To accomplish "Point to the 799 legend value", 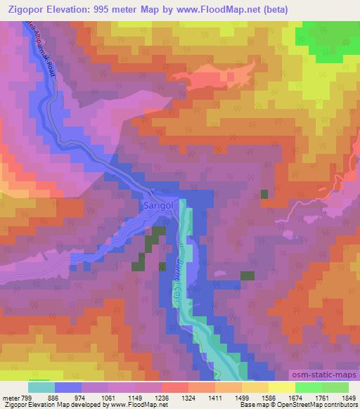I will click(25, 398).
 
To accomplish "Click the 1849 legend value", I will click(349, 398).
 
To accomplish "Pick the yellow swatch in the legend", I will click(281, 388).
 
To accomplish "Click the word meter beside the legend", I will click(9, 398).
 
